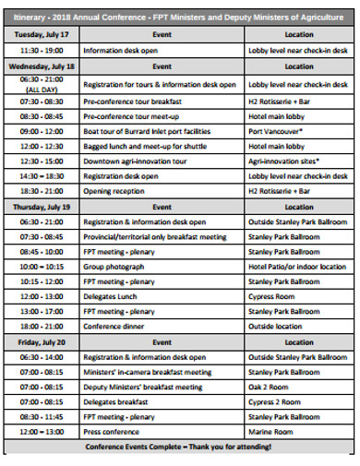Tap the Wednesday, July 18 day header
(42, 67)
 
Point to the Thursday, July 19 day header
(41, 208)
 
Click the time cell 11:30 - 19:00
(42, 51)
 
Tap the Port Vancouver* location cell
(277, 132)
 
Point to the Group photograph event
(112, 267)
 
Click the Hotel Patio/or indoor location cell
(295, 267)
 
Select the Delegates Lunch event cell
(110, 296)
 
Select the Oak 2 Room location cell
(268, 388)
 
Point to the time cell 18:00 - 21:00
(42, 326)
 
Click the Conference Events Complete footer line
(179, 447)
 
